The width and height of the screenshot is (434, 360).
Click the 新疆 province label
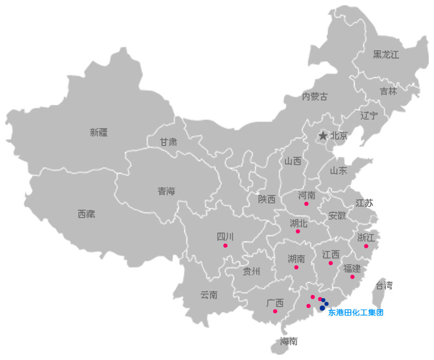[98, 133]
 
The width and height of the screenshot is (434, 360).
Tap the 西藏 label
[86, 214]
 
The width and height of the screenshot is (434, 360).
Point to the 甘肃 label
[169, 142]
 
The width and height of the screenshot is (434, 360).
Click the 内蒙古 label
[314, 96]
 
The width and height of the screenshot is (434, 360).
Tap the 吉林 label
[388, 91]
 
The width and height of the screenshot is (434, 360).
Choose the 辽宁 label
[369, 115]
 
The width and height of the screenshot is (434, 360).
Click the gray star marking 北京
[323, 136]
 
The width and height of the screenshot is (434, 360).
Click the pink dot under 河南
[306, 204]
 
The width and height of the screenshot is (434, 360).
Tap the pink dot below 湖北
[297, 231]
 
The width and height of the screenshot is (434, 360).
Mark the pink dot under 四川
[225, 246]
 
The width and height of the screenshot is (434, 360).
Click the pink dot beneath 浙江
[366, 246]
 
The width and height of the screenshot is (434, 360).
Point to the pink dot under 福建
[352, 277]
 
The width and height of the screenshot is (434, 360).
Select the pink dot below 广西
[275, 311]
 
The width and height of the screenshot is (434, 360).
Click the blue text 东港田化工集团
[355, 312]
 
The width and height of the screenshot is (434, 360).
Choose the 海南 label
[288, 341]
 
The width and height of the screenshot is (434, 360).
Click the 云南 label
[209, 295]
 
